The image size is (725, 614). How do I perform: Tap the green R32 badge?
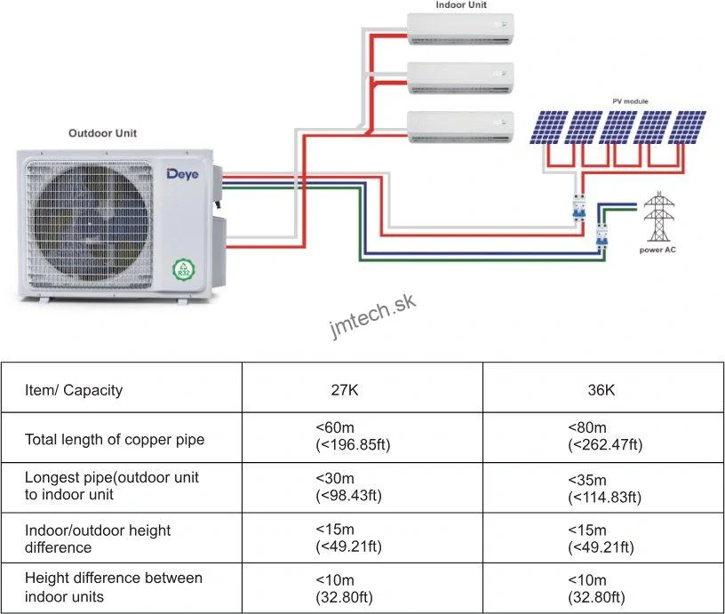[185, 268]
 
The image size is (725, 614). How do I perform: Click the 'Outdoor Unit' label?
[103, 133]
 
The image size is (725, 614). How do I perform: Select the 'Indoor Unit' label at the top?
[460, 5]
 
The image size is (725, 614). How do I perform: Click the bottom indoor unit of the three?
[460, 127]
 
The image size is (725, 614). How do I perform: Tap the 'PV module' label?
[629, 102]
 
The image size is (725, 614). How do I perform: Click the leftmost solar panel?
[549, 127]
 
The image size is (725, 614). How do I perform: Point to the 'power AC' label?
[657, 251]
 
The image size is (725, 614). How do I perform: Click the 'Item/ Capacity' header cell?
[74, 390]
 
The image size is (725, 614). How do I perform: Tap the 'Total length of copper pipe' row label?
[115, 439]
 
